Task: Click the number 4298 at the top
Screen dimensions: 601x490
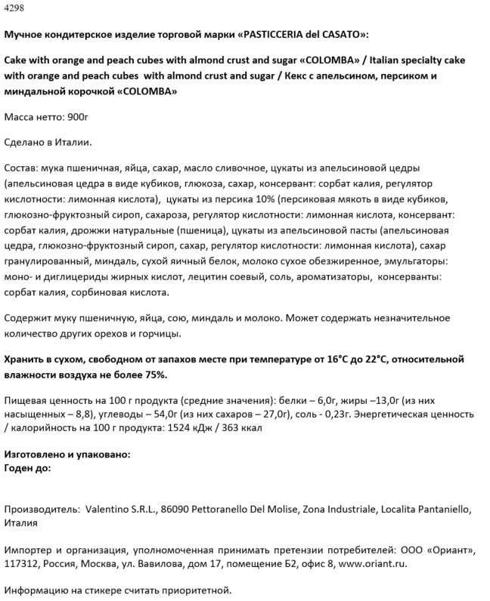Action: pos(14,8)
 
